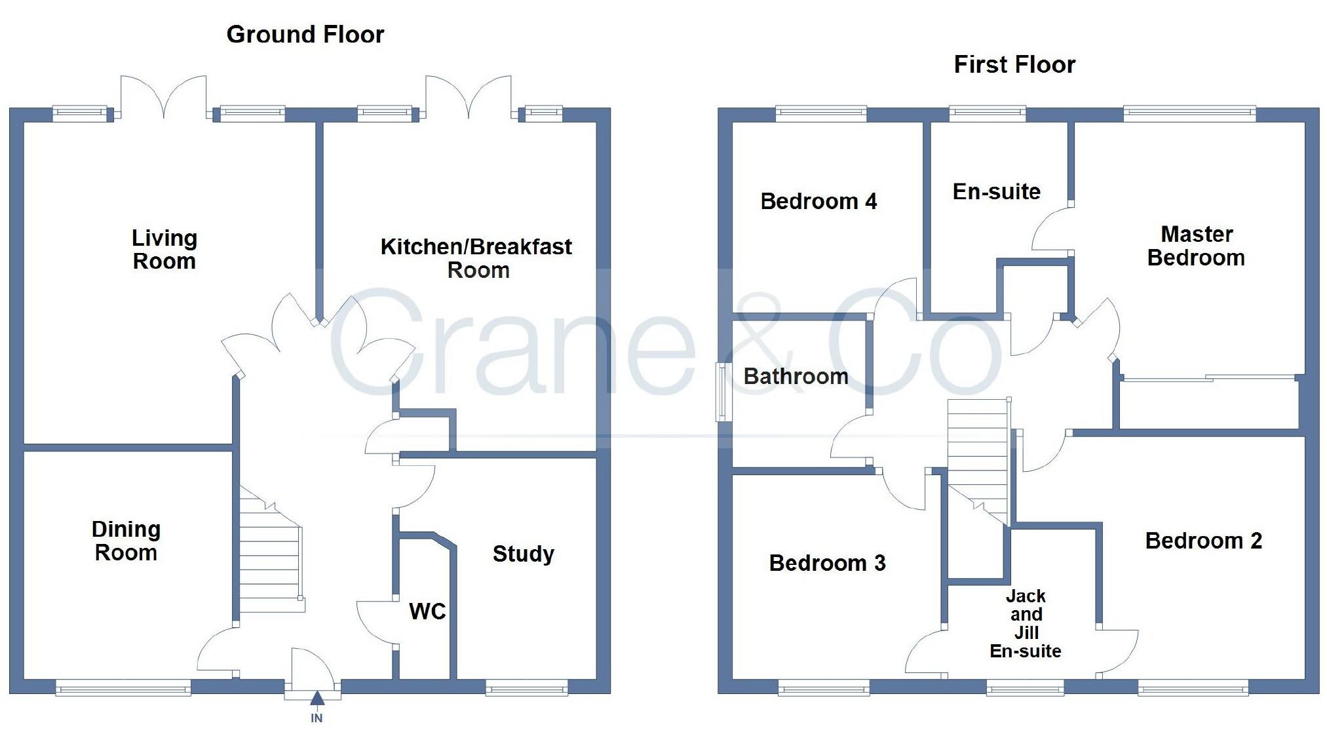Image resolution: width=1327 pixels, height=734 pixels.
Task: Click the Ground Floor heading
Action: (305, 34)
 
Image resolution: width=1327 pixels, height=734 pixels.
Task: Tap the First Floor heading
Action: (1014, 64)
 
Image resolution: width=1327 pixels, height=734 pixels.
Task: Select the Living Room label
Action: (164, 249)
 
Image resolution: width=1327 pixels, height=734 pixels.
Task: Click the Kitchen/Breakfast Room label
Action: (476, 258)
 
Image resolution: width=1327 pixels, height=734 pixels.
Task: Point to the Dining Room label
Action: (126, 541)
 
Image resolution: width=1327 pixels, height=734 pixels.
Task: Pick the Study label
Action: (523, 554)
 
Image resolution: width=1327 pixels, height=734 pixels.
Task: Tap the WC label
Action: (427, 611)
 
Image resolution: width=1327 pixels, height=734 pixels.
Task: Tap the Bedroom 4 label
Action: (818, 201)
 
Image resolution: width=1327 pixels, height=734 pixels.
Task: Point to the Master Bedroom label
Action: (1197, 246)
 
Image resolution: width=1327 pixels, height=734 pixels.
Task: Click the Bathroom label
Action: (796, 376)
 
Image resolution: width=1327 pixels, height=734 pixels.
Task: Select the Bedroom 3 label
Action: (827, 563)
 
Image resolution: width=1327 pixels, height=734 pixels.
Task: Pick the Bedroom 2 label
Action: (1203, 541)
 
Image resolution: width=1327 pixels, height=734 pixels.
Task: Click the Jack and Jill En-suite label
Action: (1026, 623)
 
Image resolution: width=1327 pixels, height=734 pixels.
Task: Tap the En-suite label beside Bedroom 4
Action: (996, 191)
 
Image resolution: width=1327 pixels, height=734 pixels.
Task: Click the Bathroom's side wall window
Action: (721, 392)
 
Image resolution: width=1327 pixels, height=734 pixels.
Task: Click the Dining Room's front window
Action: (123, 687)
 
